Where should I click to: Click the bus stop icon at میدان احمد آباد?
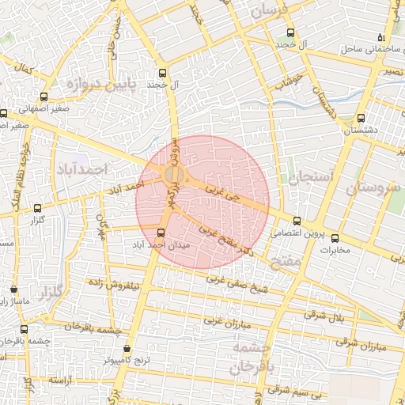pos(161,233)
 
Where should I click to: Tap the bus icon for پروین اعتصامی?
pos(297,221)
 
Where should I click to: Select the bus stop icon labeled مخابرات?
pos(335,237)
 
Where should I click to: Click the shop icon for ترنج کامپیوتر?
pos(128,348)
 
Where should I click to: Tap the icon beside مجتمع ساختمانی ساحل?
pos(380,37)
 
